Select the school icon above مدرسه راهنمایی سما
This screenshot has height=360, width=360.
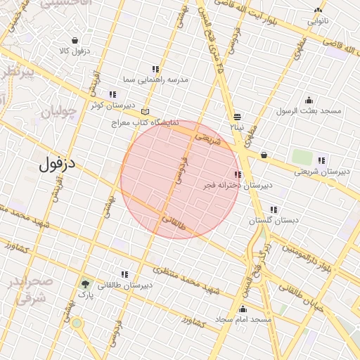[x=155, y=69]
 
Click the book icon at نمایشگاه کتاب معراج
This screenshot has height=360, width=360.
[x=145, y=111]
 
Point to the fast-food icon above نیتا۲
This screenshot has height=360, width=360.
[x=237, y=117]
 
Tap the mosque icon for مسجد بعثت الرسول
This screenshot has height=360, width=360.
[x=309, y=100]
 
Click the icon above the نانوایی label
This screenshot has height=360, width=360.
[x=319, y=11]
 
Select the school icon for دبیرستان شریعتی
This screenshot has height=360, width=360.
[x=321, y=160]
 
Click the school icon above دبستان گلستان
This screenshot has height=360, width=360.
[x=273, y=209]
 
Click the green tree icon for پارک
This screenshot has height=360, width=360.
[x=86, y=285]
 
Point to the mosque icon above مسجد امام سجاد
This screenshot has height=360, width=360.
[x=243, y=308]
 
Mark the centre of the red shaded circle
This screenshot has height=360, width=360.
[x=181, y=179]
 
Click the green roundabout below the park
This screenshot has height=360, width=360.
[x=77, y=324]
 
